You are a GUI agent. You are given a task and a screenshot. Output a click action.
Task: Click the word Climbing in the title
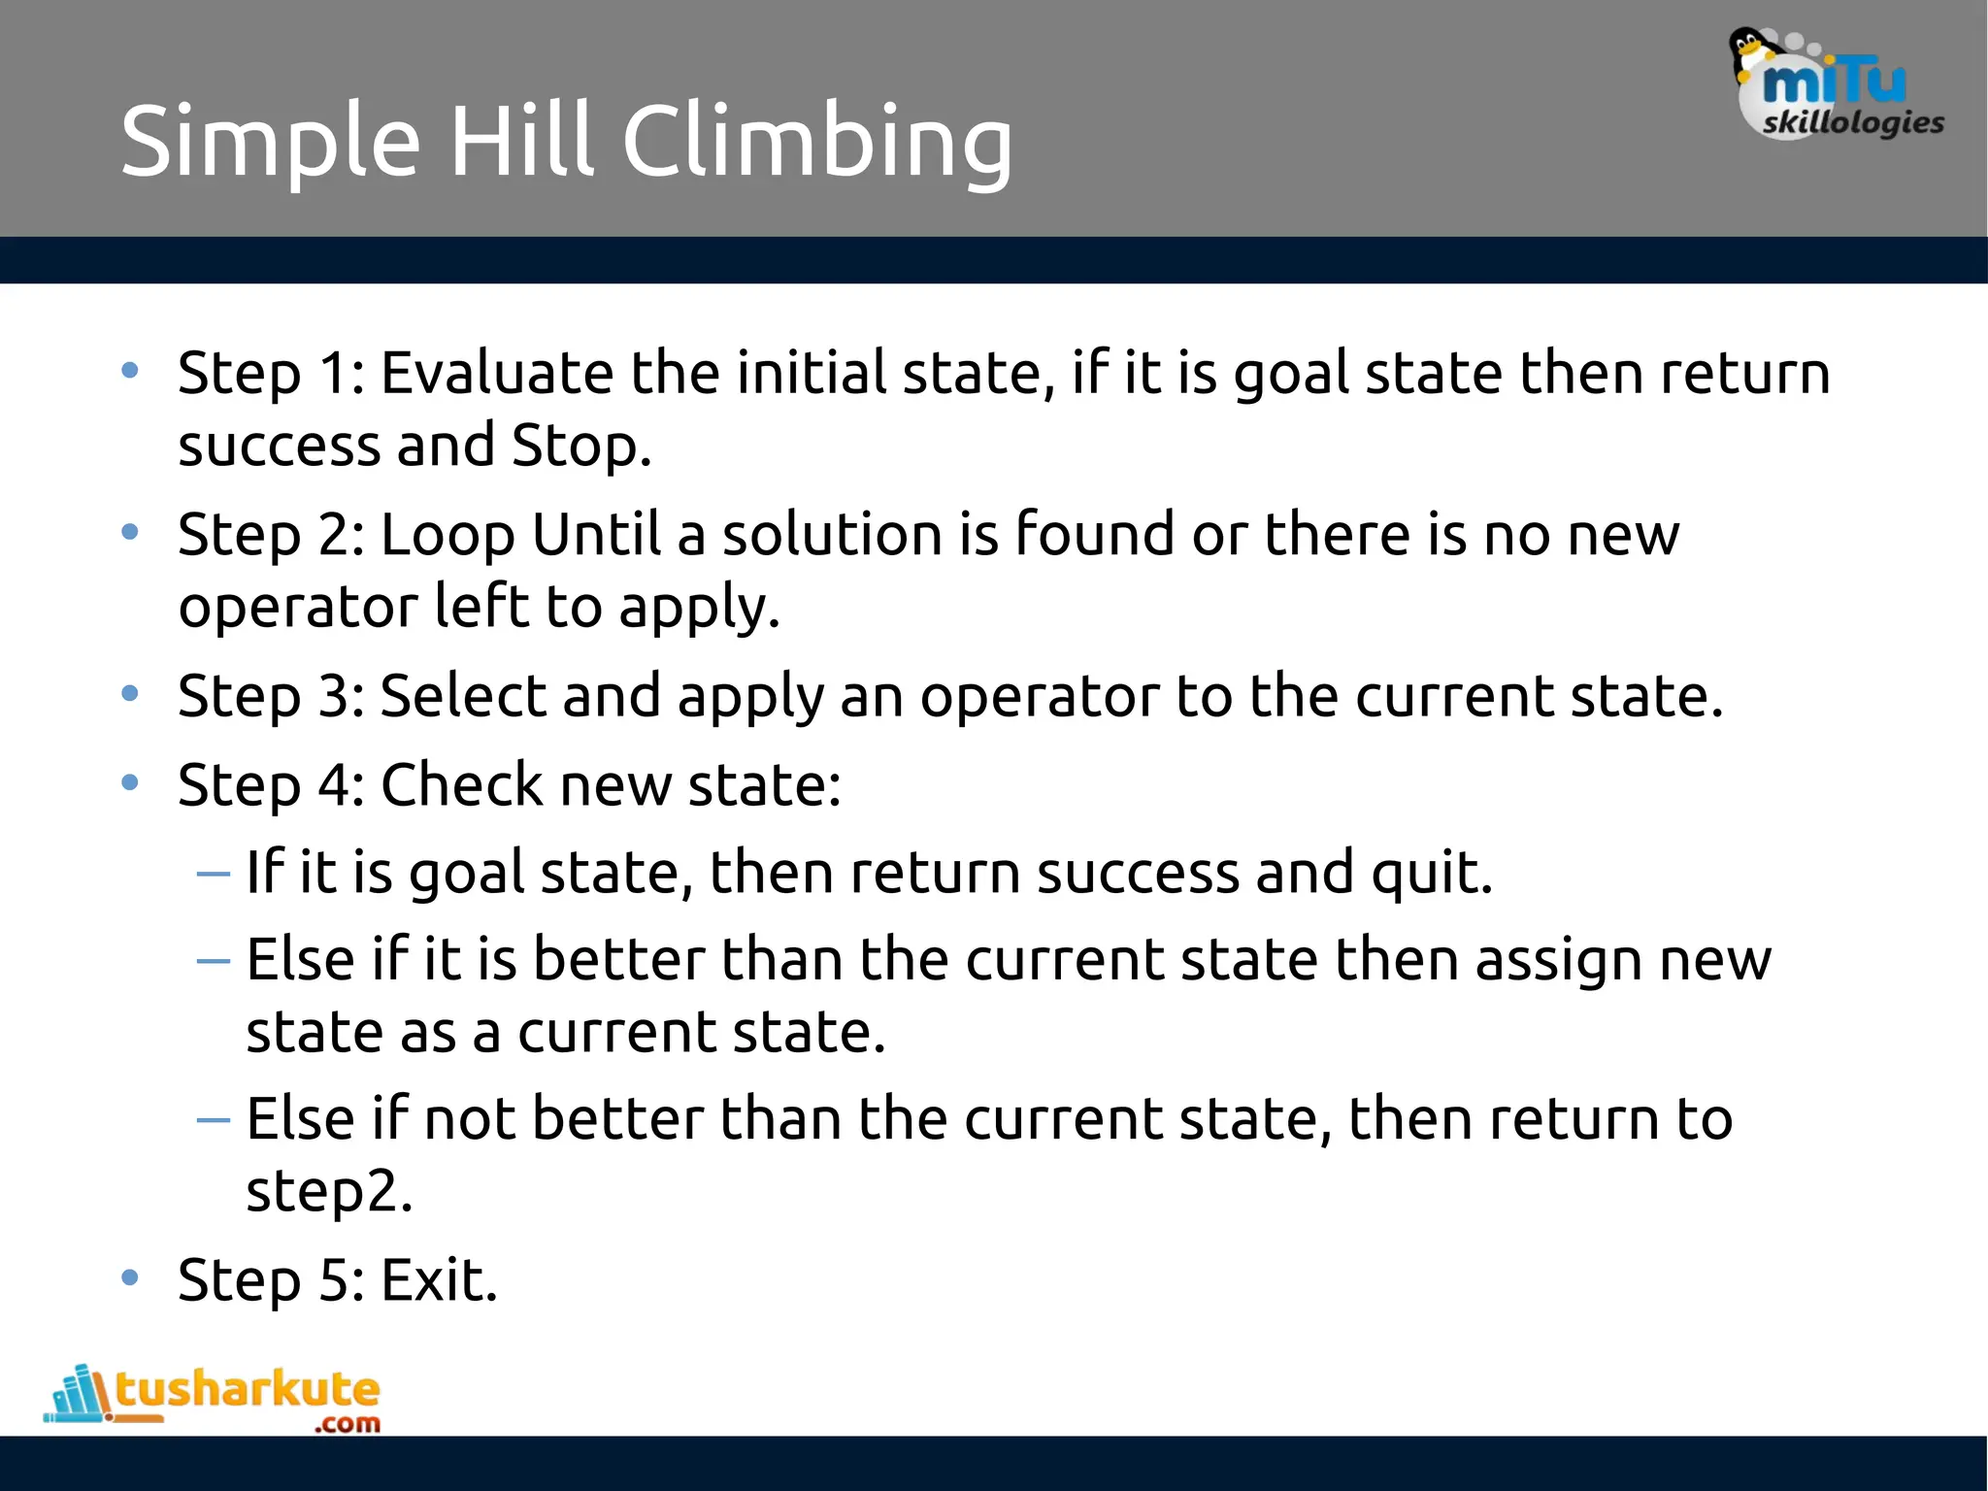(817, 142)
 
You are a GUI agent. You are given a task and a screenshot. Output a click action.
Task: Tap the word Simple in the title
(271, 142)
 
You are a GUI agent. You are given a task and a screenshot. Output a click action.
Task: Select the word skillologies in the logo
(1853, 123)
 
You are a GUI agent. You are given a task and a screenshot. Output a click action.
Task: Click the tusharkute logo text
(247, 1389)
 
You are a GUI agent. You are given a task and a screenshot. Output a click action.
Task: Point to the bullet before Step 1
(130, 370)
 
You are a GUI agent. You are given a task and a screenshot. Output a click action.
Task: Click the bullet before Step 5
(130, 1276)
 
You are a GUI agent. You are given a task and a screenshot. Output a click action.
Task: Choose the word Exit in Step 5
(439, 1279)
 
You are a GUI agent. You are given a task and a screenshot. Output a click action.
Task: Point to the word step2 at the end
(329, 1191)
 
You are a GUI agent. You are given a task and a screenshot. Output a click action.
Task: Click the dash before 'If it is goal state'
(213, 874)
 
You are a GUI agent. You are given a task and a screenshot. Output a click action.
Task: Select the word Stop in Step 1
(580, 446)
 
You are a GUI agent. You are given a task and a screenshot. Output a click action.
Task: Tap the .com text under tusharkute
(348, 1424)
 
